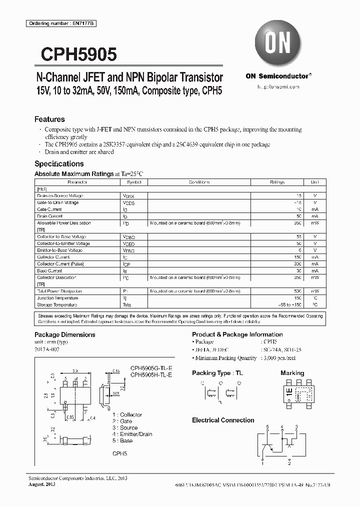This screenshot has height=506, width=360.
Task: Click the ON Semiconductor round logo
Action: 276,43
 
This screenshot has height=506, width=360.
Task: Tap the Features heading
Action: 49,119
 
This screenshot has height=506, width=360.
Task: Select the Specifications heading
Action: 59,163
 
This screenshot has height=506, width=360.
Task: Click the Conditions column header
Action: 199,182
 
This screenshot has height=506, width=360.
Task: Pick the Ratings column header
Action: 277,182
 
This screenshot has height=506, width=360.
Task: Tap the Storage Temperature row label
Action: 57,304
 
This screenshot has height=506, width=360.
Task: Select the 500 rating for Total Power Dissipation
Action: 297,291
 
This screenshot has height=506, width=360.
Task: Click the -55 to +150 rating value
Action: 289,304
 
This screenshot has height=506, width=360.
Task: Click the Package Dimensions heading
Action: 64,334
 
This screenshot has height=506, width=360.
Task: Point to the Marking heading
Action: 292,373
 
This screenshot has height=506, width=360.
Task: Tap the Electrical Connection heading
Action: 223,420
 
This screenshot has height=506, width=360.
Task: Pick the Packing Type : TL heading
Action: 218,373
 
